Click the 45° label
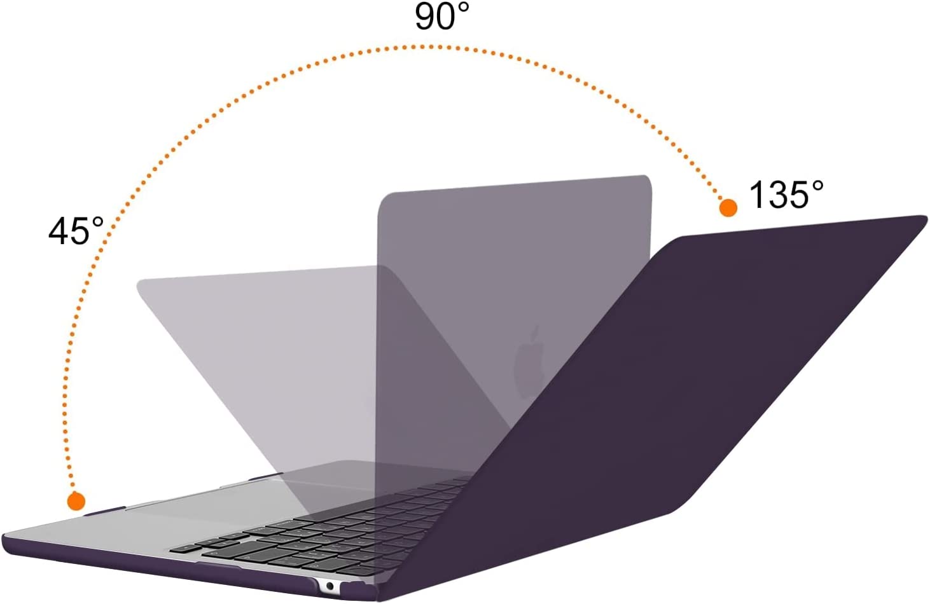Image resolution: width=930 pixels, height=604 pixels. (76, 231)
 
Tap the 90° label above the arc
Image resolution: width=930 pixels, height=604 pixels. (442, 17)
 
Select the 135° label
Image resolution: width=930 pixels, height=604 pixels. (786, 195)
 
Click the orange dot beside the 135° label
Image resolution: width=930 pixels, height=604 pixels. (728, 207)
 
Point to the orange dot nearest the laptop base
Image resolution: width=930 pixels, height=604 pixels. (76, 501)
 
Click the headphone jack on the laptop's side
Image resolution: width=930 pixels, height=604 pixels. (329, 586)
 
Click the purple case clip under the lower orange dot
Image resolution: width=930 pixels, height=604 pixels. (104, 510)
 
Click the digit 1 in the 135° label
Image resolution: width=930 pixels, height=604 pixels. (756, 195)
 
